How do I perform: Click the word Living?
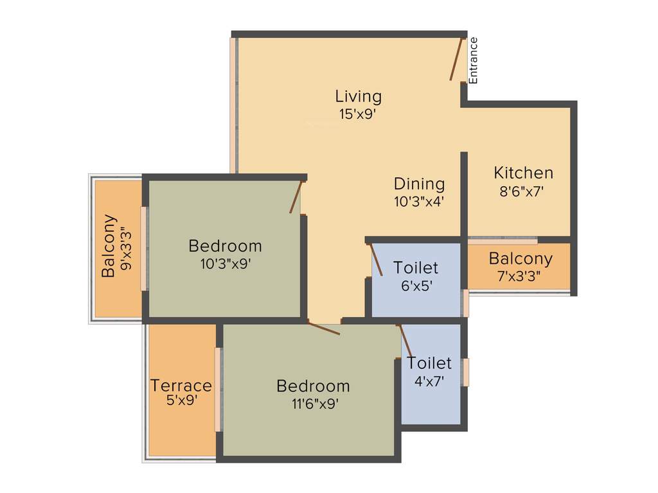358,96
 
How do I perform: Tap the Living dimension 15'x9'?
357,114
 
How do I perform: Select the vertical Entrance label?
474,60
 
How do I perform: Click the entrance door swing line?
456,60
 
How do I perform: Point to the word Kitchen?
523,173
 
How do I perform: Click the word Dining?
419,184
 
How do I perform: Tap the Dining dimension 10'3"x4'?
419,201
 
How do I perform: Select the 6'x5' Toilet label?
416,267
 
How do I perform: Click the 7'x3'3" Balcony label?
520,259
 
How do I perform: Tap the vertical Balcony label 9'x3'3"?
110,246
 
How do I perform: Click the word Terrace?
181,386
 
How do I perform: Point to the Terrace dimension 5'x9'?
181,401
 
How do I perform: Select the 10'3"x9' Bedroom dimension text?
225,263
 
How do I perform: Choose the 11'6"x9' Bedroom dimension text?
313,404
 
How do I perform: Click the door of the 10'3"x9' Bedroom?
296,197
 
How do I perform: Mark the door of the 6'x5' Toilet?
377,260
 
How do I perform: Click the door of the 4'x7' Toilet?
405,340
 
